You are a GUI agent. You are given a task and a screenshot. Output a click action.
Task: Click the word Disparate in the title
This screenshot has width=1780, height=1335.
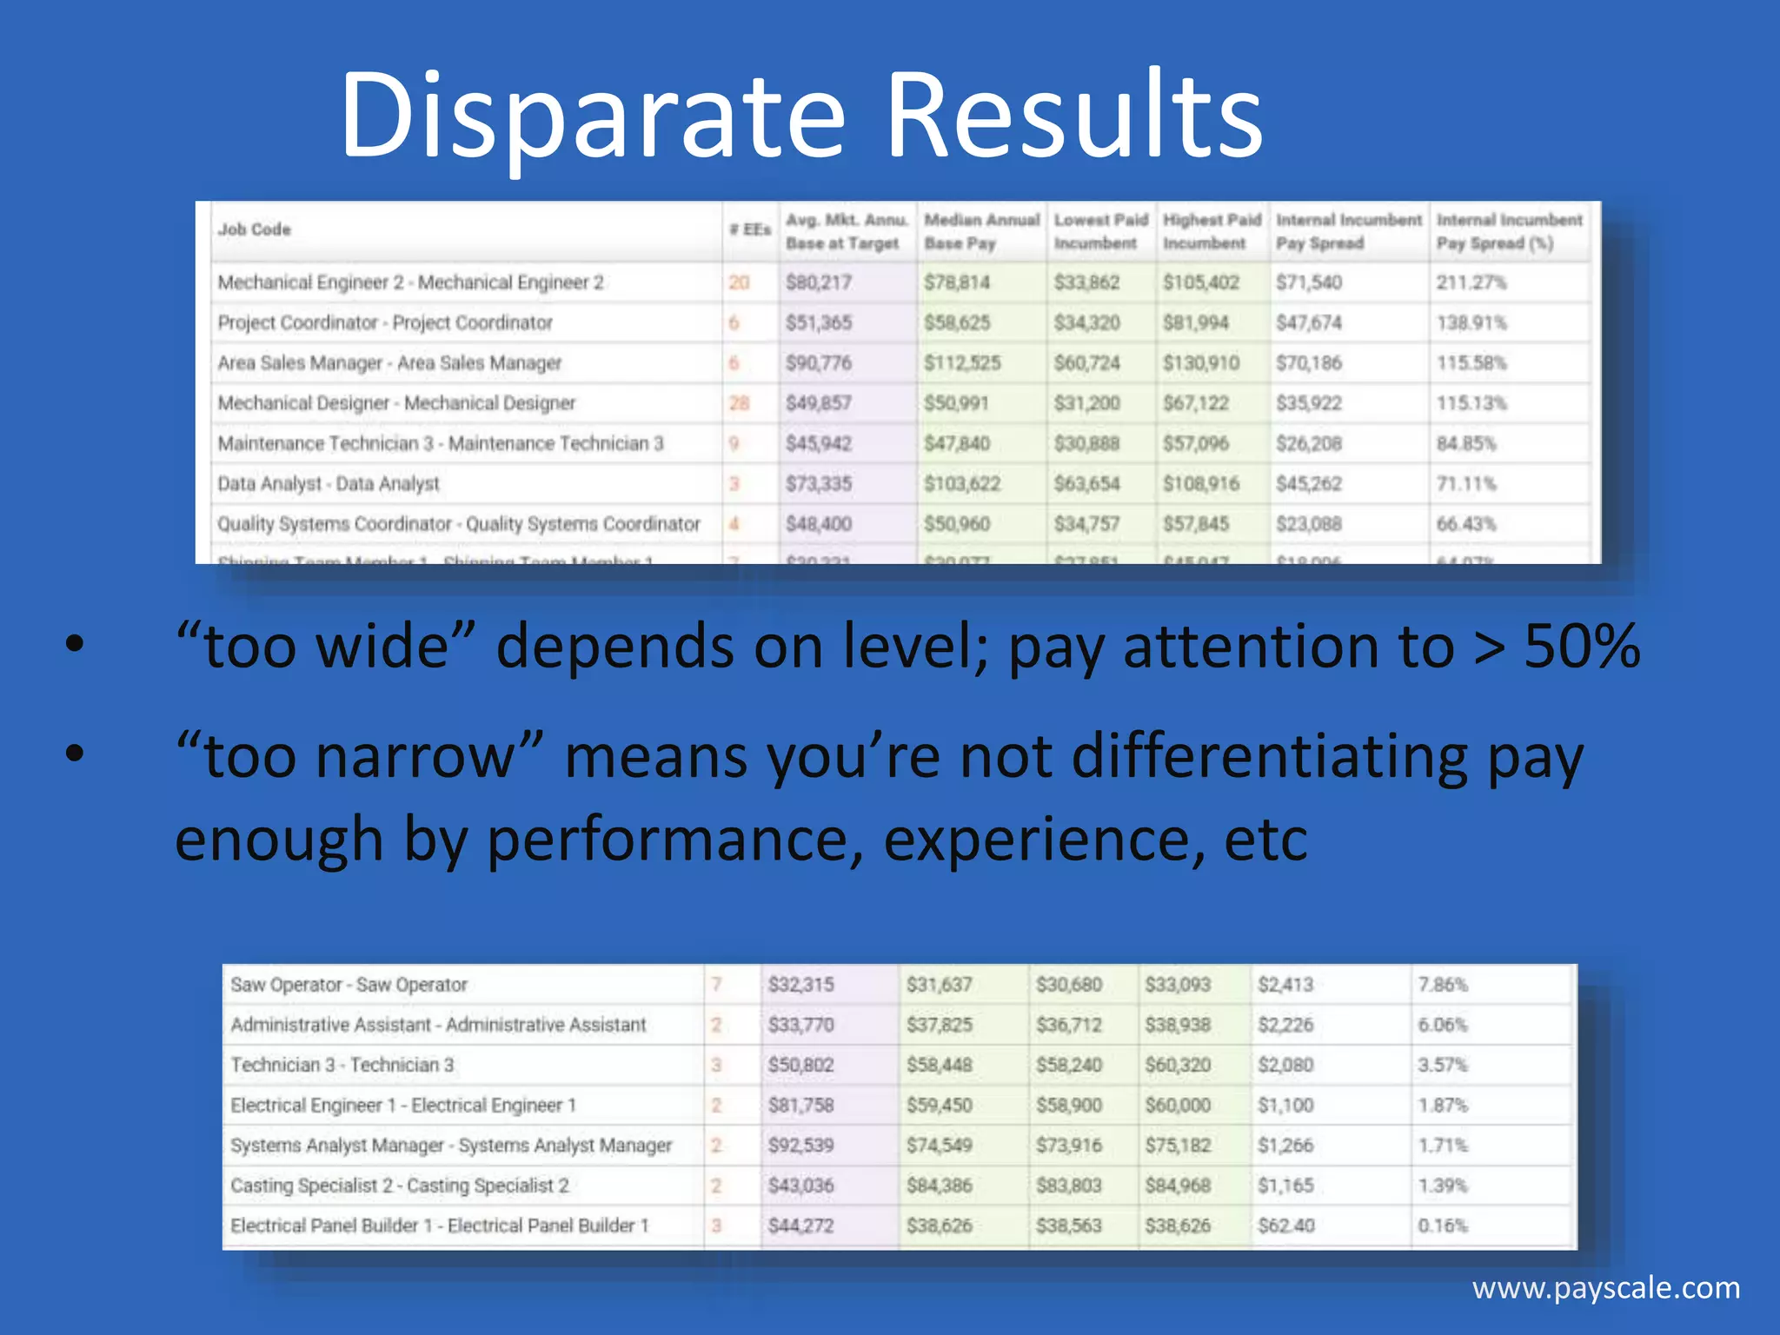pyautogui.click(x=591, y=117)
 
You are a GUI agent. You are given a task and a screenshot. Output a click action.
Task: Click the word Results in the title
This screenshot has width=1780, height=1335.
pyautogui.click(x=1073, y=117)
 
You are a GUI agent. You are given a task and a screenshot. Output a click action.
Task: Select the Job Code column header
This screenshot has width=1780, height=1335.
pyautogui.click(x=254, y=229)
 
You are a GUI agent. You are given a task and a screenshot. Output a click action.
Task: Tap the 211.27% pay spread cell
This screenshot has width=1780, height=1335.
pyautogui.click(x=1471, y=282)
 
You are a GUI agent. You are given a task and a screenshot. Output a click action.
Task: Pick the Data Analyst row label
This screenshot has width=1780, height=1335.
pyautogui.click(x=329, y=483)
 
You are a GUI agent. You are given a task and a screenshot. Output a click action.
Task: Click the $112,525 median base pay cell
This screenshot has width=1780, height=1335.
pyautogui.click(x=962, y=362)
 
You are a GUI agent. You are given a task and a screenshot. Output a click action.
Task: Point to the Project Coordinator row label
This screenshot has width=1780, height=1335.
pyautogui.click(x=385, y=322)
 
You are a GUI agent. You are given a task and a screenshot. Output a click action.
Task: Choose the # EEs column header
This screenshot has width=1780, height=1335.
pyautogui.click(x=750, y=229)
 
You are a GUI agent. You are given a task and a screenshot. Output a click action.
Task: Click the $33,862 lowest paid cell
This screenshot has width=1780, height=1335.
pyautogui.click(x=1086, y=282)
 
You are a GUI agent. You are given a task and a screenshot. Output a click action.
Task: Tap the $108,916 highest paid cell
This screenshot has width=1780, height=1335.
pyautogui.click(x=1201, y=483)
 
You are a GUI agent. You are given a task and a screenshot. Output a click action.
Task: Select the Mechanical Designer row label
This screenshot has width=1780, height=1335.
pyautogui.click(x=396, y=403)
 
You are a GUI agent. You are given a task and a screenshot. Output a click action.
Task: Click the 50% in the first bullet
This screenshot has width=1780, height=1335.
pyautogui.click(x=1582, y=647)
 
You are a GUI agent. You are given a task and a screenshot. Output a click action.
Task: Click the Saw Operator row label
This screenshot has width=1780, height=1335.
pyautogui.click(x=349, y=985)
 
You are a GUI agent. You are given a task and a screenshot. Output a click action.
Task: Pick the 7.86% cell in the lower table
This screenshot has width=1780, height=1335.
pyautogui.click(x=1443, y=985)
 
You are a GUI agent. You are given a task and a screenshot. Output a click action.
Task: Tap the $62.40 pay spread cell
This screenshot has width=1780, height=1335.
pyautogui.click(x=1286, y=1225)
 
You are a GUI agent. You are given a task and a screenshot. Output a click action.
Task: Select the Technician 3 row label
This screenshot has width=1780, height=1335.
pyautogui.click(x=342, y=1065)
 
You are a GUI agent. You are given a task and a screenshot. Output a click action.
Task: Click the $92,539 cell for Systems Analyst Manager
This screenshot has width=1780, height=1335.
pyautogui.click(x=800, y=1146)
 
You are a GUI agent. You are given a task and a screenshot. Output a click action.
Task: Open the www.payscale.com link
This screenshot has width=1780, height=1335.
pyautogui.click(x=1606, y=1287)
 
